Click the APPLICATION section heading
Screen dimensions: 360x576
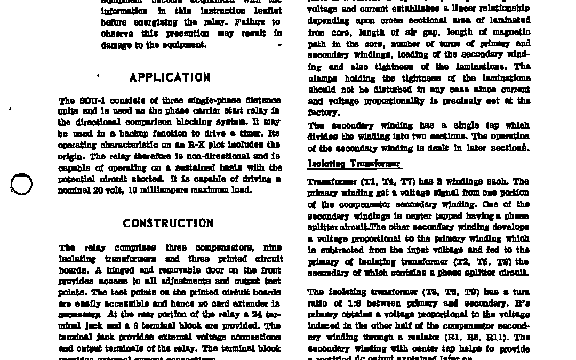click(170, 77)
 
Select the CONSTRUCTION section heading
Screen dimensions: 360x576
click(169, 223)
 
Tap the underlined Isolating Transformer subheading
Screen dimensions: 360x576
click(354, 164)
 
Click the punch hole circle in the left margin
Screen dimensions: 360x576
click(21, 184)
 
